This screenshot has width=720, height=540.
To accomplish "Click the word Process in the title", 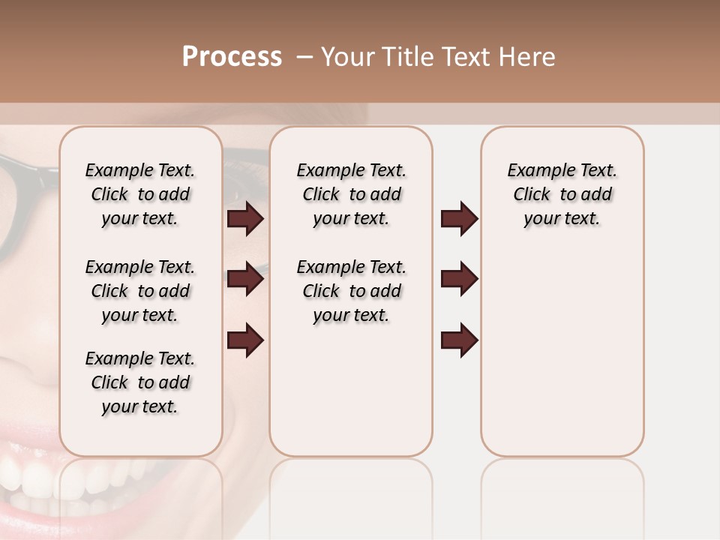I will click(x=232, y=57).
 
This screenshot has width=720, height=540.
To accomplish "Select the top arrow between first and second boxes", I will click(x=245, y=219).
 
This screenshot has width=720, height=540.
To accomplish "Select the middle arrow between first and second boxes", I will click(x=245, y=280).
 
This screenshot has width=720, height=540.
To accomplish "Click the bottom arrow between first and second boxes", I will click(x=245, y=340).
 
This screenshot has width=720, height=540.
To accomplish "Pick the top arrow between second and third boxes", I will click(x=459, y=219).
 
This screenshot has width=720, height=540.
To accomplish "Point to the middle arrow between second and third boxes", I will click(x=459, y=280).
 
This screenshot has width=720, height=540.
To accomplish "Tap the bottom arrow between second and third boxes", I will click(x=459, y=340).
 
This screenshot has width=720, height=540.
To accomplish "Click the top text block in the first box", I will click(x=140, y=194).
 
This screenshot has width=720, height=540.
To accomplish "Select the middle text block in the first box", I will click(x=140, y=291).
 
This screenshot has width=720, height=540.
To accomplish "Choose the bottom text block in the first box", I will click(x=140, y=382).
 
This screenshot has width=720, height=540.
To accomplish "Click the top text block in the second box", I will click(x=351, y=194).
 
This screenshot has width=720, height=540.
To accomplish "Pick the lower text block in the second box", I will click(x=351, y=291).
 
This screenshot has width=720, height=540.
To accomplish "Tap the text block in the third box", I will click(x=562, y=194).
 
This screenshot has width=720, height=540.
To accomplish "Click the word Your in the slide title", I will click(x=346, y=57).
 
